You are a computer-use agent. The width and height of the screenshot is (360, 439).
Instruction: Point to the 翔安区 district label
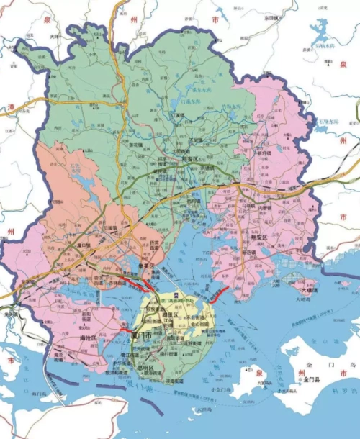[259, 236]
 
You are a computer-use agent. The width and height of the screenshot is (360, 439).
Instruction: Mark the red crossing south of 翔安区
[219, 294]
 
